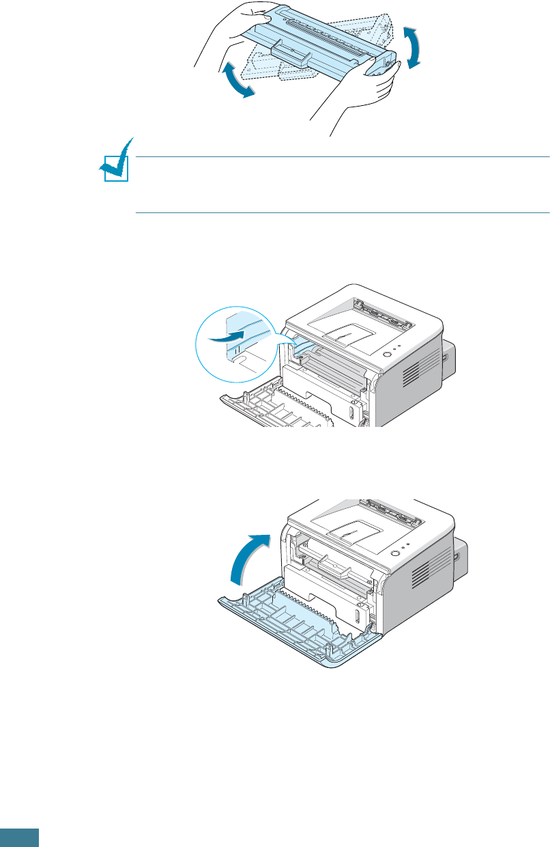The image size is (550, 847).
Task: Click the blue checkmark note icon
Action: tap(113, 161)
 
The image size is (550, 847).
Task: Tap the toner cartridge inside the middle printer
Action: tap(334, 363)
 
